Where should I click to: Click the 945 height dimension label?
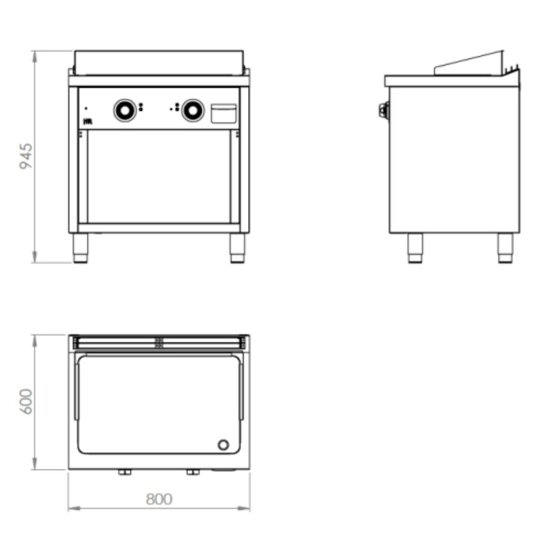tap(26, 156)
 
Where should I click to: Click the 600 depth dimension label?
tap(26, 401)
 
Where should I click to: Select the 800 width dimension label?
tap(159, 499)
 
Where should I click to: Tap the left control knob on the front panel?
tap(125, 110)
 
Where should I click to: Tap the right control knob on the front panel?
tap(193, 110)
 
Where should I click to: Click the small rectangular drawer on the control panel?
tap(223, 113)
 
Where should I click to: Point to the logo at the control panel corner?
tap(87, 121)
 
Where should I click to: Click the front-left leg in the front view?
tap(81, 248)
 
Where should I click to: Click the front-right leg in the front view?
tap(237, 248)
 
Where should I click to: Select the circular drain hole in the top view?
tap(223, 445)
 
